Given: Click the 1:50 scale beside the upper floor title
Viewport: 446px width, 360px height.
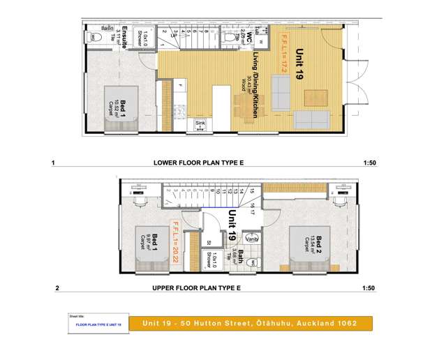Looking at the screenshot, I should pos(370,288).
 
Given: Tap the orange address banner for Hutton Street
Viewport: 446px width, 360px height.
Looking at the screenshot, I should pos(251,324).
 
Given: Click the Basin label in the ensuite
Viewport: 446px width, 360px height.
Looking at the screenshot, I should pos(107,28).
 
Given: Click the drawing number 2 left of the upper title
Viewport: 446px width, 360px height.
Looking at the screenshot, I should pos(57,288).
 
